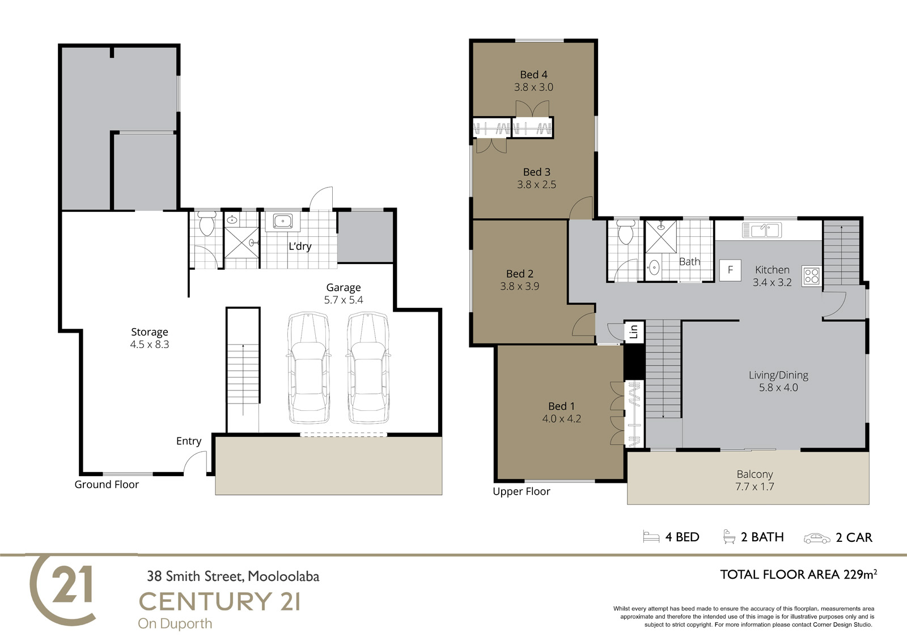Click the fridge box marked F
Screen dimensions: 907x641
pyautogui.click(x=731, y=270)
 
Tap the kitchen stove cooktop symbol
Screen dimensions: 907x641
pyautogui.click(x=811, y=277)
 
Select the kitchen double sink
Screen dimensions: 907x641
pyautogui.click(x=762, y=231)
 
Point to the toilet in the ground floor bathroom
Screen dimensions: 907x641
pyautogui.click(x=207, y=223)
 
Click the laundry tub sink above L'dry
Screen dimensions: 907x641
pyautogui.click(x=283, y=221)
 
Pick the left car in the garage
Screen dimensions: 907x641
pyautogui.click(x=308, y=368)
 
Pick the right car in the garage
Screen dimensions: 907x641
pyautogui.click(x=368, y=368)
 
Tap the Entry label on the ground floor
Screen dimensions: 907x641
pyautogui.click(x=189, y=442)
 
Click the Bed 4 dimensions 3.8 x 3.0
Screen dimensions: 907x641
pyautogui.click(x=533, y=87)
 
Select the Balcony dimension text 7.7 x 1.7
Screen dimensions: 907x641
pyautogui.click(x=755, y=486)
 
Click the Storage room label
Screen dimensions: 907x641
pyautogui.click(x=150, y=332)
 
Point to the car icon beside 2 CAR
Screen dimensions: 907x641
pyautogui.click(x=817, y=538)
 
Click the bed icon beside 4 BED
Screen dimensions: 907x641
pyautogui.click(x=651, y=537)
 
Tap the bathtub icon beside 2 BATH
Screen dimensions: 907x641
pyautogui.click(x=729, y=537)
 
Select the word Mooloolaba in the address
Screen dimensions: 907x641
pyautogui.click(x=283, y=576)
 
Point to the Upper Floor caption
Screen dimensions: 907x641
pyautogui.click(x=522, y=491)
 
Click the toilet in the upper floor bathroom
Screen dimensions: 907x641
pyautogui.click(x=626, y=232)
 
